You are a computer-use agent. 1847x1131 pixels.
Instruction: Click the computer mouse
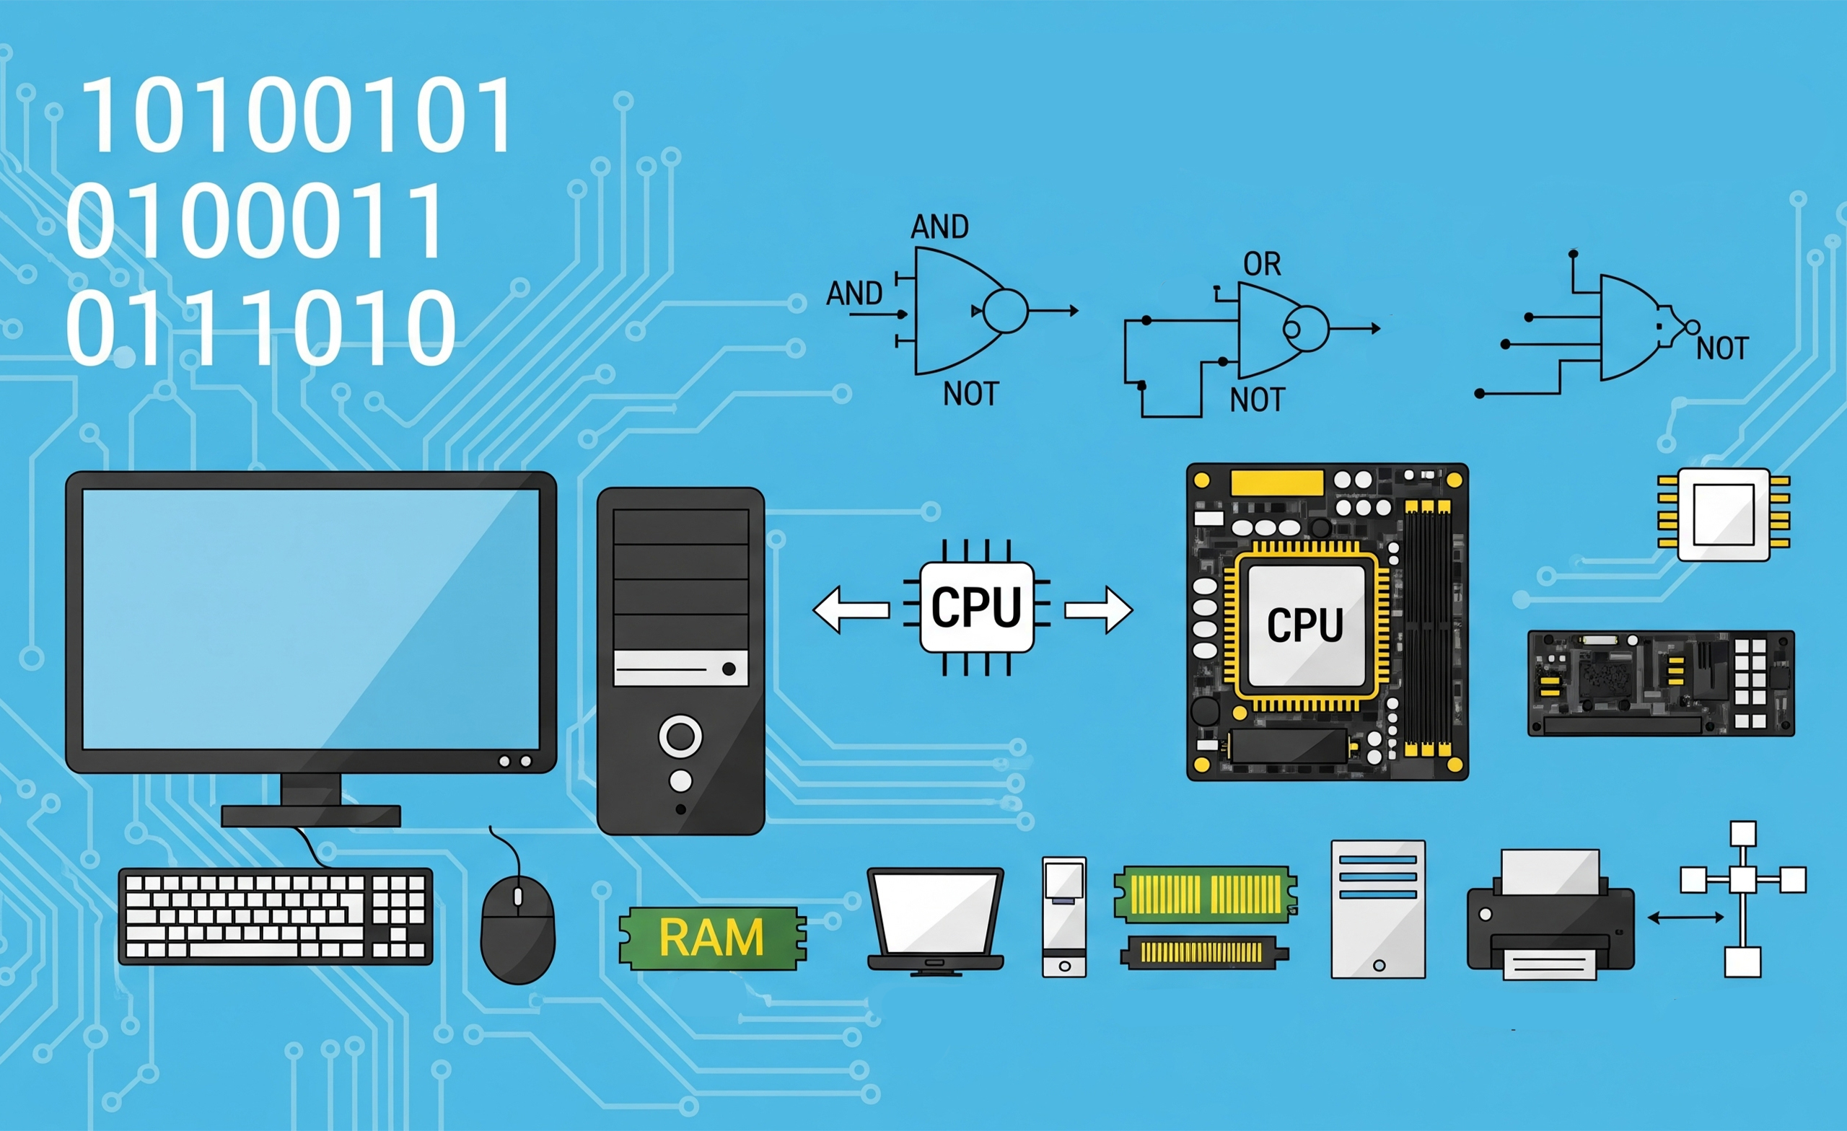(x=517, y=929)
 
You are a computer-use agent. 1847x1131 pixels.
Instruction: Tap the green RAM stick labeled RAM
(x=711, y=938)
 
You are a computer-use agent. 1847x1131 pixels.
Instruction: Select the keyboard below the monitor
(x=276, y=916)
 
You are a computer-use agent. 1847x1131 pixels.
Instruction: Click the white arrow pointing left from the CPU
(x=851, y=609)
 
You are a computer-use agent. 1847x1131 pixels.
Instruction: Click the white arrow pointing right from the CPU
(x=1099, y=610)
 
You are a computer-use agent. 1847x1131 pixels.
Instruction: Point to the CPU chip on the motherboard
(x=1305, y=625)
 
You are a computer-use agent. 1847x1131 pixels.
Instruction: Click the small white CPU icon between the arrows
(x=976, y=607)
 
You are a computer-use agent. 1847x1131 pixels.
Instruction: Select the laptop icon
(x=936, y=920)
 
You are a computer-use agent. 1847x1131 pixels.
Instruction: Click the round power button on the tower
(x=680, y=736)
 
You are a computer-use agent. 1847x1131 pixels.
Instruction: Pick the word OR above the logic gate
(x=1263, y=264)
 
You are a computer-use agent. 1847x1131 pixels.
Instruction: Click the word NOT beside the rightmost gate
(x=1723, y=348)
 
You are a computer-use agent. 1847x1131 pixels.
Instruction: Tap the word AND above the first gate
(x=939, y=226)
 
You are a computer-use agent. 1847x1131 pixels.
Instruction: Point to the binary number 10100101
(x=296, y=116)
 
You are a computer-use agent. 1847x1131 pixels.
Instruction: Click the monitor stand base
(x=311, y=816)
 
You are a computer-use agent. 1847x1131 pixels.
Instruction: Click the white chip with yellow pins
(x=1724, y=514)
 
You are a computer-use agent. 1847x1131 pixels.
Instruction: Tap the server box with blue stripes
(x=1378, y=908)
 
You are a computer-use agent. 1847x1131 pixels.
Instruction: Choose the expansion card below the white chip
(x=1661, y=683)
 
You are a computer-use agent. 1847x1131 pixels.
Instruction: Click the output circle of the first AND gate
(x=1005, y=310)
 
